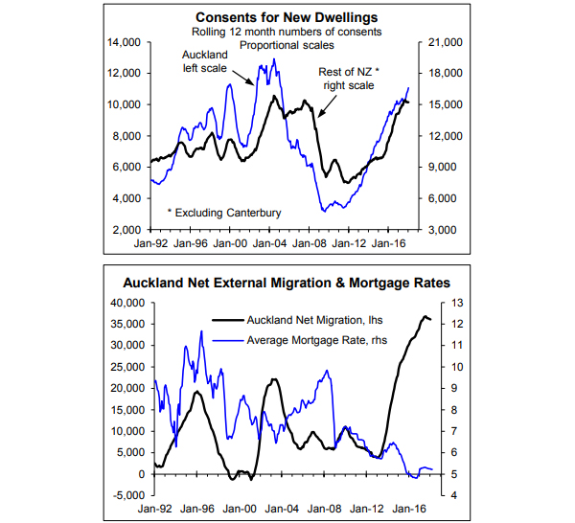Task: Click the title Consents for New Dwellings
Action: tap(287, 17)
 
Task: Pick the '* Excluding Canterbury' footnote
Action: tap(220, 212)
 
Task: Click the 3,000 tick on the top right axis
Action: tap(444, 231)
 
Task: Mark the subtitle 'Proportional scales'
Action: tap(287, 45)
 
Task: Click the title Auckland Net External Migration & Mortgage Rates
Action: tap(287, 283)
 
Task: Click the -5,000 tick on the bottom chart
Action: tap(126, 495)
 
